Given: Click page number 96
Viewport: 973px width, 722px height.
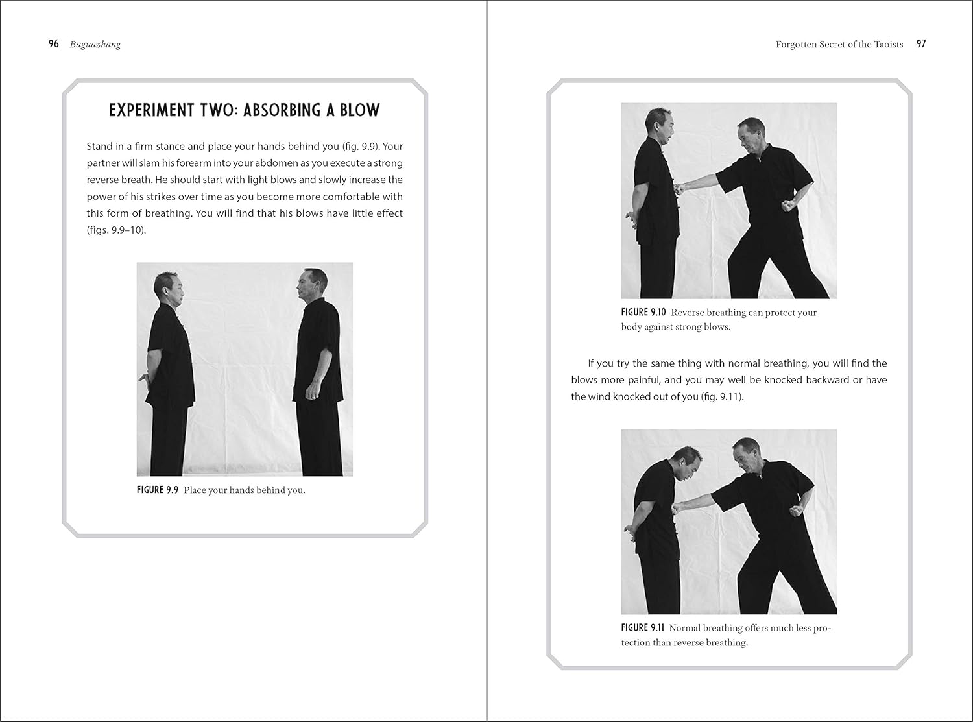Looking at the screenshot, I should (54, 44).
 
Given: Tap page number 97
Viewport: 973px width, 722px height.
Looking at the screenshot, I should (921, 43).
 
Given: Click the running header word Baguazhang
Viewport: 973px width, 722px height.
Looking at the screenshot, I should (95, 45).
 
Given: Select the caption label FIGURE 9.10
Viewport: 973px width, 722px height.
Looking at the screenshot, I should (643, 312).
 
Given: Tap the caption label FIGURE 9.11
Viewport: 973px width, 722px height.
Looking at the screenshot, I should (643, 627).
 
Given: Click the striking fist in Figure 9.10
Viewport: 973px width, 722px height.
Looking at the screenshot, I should (680, 189).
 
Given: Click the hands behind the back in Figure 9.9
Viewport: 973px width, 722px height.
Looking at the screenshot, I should (143, 378).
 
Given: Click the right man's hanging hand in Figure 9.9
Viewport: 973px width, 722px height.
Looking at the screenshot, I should (311, 392).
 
